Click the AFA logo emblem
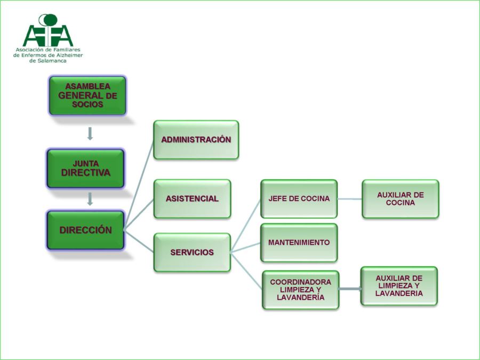[x=48, y=31]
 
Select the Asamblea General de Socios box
[x=87, y=95]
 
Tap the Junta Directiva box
[x=86, y=169]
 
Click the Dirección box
[x=86, y=230]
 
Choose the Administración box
[x=196, y=140]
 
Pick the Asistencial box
[x=192, y=198]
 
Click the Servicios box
[x=192, y=252]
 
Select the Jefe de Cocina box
[x=299, y=198]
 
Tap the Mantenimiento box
[x=299, y=243]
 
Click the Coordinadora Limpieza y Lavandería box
[x=300, y=290]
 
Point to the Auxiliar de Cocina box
[x=400, y=198]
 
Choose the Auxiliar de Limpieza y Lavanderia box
[x=399, y=286]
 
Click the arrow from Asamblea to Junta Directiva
[x=90, y=133]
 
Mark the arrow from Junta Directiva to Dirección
[x=90, y=199]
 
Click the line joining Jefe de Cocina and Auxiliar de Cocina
[x=350, y=199]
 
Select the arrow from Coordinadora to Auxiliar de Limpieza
[x=350, y=289]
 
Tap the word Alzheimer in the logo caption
[x=71, y=55]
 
